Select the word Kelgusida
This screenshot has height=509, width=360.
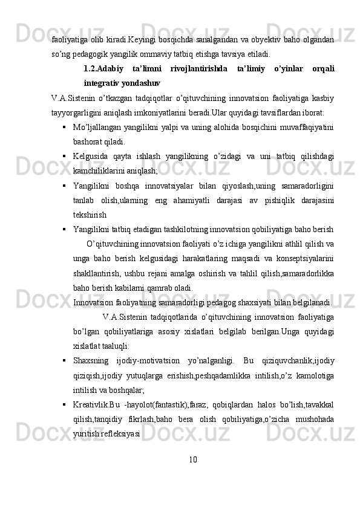[92, 157]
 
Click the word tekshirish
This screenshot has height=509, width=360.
[90, 214]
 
